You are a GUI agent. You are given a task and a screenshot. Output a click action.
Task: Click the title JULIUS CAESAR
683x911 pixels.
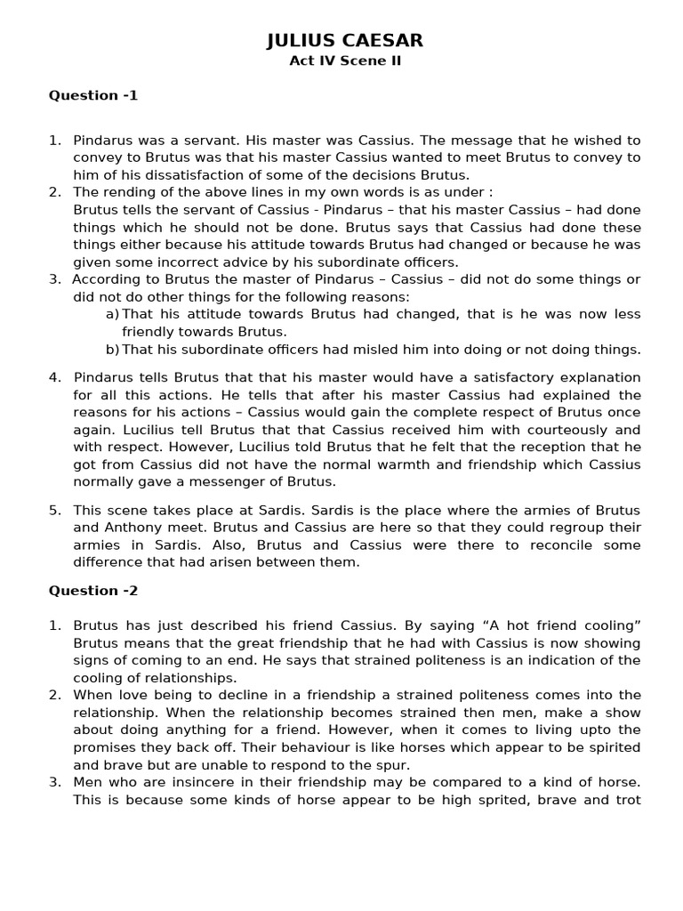(x=345, y=40)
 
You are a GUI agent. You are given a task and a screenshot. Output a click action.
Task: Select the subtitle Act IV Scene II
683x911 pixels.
(x=345, y=61)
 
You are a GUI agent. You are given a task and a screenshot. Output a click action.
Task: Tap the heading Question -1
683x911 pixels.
(x=93, y=95)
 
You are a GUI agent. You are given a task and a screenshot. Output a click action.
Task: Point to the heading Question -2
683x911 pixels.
(x=93, y=591)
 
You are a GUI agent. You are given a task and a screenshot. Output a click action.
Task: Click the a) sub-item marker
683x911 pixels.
(x=112, y=314)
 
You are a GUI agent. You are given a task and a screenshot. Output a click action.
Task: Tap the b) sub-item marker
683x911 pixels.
(x=112, y=349)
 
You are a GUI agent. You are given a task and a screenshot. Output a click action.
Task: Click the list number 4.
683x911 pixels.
(x=54, y=377)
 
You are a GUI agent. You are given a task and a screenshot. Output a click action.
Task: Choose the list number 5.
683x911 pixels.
(x=54, y=510)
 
